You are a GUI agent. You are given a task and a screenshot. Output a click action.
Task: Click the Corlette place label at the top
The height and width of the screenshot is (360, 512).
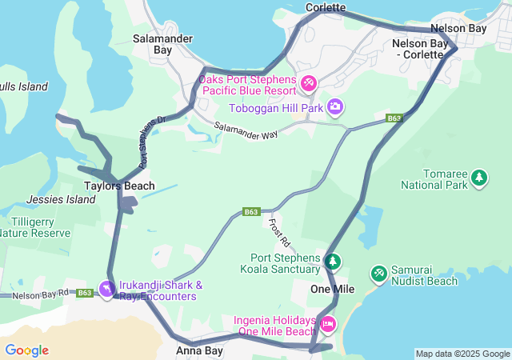[x=326, y=7]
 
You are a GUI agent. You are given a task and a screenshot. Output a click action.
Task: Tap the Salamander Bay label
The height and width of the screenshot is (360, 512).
[x=152, y=43]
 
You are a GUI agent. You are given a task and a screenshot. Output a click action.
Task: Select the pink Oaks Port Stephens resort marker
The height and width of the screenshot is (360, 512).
[x=309, y=82]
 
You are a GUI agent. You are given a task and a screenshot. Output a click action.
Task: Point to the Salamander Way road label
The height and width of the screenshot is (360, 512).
[x=246, y=130]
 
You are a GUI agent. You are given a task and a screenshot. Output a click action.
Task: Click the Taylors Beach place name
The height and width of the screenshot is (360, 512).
[x=120, y=186]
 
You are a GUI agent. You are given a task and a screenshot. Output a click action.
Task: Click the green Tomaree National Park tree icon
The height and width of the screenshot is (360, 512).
[x=479, y=177]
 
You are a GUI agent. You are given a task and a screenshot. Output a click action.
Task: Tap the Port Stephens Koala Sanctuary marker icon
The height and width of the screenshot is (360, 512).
[x=333, y=261]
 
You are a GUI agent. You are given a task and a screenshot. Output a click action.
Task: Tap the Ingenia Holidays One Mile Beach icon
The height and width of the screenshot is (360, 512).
[x=328, y=324]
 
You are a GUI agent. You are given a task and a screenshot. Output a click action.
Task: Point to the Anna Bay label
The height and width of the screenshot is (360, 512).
[x=199, y=350]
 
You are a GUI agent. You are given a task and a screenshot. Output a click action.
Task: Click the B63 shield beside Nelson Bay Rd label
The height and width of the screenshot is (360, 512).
[x=86, y=294]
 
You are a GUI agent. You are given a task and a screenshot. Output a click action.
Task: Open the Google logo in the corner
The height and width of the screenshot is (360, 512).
[x=26, y=350]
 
